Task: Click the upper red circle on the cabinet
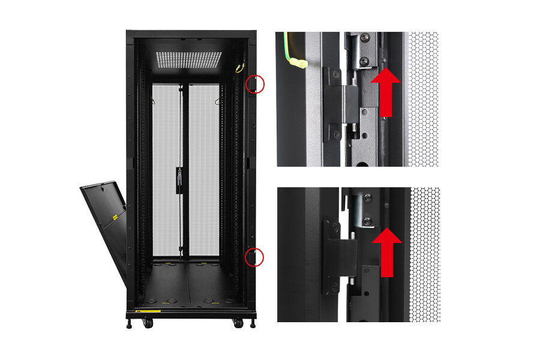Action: pos(254,83)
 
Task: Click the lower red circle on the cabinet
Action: pos(254,257)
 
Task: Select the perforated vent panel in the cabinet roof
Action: pos(188,59)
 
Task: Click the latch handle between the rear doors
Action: pos(179,180)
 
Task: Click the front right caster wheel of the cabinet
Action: pos(238,323)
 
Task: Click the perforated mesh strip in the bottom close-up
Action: pos(425,252)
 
